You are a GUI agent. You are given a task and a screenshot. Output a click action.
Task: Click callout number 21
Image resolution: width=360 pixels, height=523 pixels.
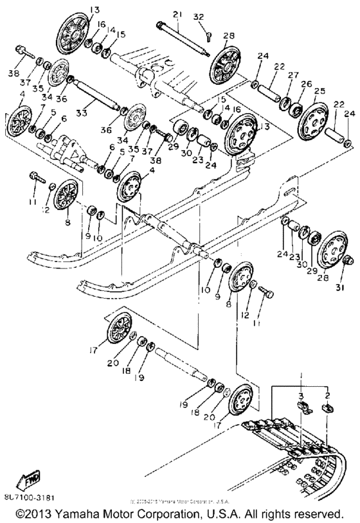click(x=177, y=14)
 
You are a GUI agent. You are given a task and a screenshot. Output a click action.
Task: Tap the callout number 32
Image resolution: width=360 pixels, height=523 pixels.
click(x=199, y=17)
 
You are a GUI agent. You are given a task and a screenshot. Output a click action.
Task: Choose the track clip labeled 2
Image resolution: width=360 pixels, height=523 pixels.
click(x=327, y=407)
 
